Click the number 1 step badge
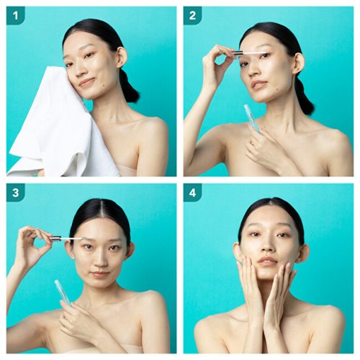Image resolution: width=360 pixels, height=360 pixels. click(x=16, y=16)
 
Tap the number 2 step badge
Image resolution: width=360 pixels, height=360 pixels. click(x=192, y=16)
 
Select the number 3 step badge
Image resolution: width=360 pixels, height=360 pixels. click(x=16, y=192)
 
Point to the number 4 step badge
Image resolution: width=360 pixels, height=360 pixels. click(x=192, y=192)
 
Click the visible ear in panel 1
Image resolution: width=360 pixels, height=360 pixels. click(x=122, y=58)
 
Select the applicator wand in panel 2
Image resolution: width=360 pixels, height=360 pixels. click(x=250, y=53)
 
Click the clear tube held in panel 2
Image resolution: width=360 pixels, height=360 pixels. click(x=252, y=118)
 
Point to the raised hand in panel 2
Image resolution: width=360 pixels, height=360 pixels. click(x=217, y=65)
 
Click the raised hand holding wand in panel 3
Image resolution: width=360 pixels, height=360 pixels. click(x=34, y=243)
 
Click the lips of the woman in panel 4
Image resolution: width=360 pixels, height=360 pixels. click(x=268, y=261)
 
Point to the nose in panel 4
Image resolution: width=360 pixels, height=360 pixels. click(x=267, y=246)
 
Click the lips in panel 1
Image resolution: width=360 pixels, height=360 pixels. click(x=87, y=82)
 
